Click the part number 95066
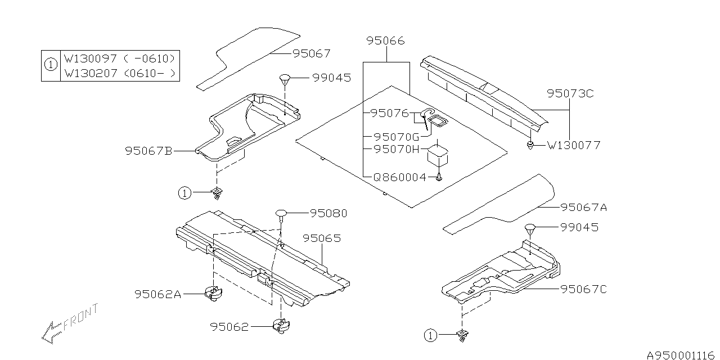(x=385, y=41)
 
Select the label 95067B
(x=148, y=151)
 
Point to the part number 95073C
(x=570, y=94)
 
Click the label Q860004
(x=400, y=177)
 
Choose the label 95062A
(x=157, y=294)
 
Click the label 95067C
(x=583, y=289)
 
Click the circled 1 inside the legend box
(x=51, y=65)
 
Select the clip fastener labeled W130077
(x=530, y=146)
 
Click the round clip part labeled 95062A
(x=213, y=292)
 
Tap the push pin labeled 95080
(x=282, y=214)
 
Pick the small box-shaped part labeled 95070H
(x=438, y=154)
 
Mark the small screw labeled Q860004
(x=439, y=177)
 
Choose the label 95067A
(x=583, y=208)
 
